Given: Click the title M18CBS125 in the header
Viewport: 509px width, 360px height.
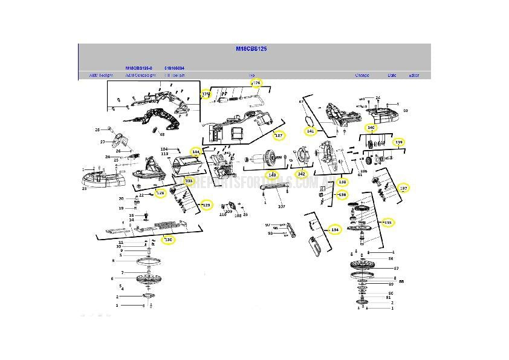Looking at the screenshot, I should click(x=254, y=48).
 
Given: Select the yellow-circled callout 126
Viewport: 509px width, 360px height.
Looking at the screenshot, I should click(x=256, y=82).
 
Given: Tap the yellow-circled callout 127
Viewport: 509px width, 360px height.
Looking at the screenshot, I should click(x=278, y=136).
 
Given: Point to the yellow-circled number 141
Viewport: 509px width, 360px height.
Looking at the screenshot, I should click(x=310, y=131).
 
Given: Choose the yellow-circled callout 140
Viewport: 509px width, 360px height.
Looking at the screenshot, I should click(x=371, y=128).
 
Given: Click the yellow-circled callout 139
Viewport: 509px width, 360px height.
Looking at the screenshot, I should click(x=398, y=142).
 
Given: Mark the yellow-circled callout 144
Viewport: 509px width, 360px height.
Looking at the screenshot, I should click(x=195, y=152).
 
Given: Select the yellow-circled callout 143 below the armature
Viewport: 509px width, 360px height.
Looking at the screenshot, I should click(x=272, y=174).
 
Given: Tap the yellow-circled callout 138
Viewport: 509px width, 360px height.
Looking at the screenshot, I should click(x=342, y=182).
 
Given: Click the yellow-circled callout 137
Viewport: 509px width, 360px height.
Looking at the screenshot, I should click(x=404, y=188).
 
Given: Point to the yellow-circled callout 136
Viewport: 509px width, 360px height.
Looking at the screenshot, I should click(x=342, y=194).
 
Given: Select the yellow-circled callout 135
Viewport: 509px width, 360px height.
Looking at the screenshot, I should click(x=387, y=222).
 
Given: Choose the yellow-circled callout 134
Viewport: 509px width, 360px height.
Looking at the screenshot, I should click(x=335, y=230).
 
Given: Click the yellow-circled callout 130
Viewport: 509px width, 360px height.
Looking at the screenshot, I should click(x=169, y=240).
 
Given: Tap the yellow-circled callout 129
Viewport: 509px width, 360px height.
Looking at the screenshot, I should click(x=206, y=205).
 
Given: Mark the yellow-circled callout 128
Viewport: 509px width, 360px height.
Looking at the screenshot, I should click(x=160, y=193).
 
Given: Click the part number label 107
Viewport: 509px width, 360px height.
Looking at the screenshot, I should click(x=281, y=206).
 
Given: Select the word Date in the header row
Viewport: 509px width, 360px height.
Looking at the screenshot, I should click(x=392, y=76).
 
